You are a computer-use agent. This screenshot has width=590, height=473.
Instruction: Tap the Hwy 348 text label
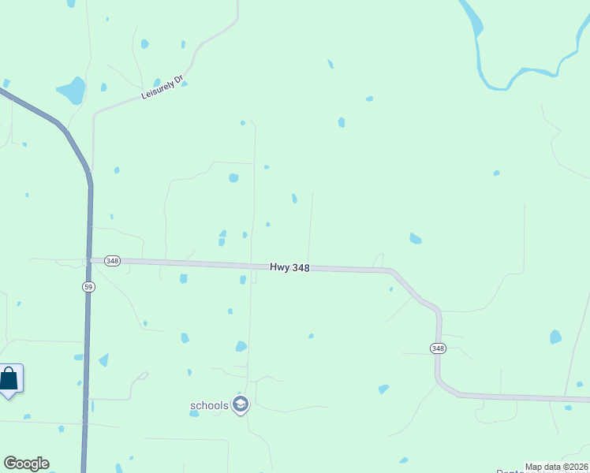[289, 267]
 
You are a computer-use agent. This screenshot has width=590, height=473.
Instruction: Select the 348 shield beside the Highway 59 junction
[112, 261]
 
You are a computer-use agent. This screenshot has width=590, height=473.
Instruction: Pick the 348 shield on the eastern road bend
[438, 348]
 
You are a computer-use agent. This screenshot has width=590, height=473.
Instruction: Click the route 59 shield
[89, 287]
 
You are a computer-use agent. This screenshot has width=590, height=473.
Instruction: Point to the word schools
[209, 406]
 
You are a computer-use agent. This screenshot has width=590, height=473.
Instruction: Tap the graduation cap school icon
[241, 405]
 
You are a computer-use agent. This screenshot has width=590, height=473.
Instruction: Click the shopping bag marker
[9, 378]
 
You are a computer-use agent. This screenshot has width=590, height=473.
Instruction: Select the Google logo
[26, 464]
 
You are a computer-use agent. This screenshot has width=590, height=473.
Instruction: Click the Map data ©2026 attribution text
[557, 467]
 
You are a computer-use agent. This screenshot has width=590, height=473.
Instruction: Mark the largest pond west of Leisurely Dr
[72, 91]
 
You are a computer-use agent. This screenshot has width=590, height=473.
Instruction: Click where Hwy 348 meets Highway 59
[89, 260]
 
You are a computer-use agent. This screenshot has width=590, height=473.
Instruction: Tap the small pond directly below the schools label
[194, 413]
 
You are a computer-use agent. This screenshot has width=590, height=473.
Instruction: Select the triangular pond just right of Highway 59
[103, 359]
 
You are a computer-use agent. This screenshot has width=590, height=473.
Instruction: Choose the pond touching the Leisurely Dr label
[184, 83]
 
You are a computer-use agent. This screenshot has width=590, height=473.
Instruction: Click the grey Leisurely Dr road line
[118, 103]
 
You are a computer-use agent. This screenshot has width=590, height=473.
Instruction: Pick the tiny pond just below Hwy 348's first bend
[390, 289]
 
